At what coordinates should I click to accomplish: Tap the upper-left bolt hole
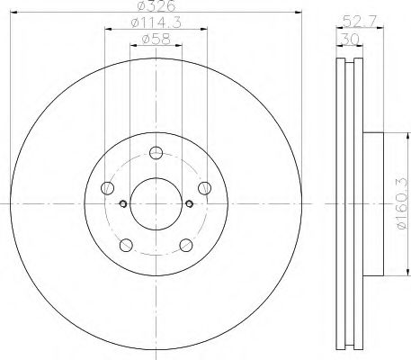(x=109, y=187)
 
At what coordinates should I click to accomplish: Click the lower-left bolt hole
(x=127, y=243)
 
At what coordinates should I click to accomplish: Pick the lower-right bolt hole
(x=184, y=243)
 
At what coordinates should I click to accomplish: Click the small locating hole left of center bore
(x=121, y=202)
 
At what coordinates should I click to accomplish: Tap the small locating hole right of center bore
(x=189, y=202)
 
